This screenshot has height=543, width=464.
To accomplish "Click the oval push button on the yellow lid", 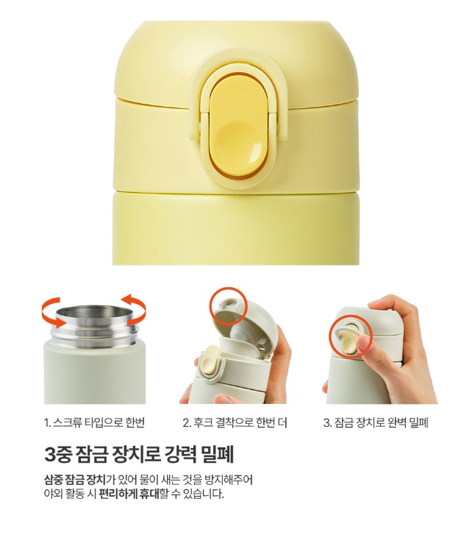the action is pos(239,127).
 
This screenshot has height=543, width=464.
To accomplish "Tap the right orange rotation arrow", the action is pos(135,309).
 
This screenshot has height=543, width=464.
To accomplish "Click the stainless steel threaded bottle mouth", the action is pos(92,325).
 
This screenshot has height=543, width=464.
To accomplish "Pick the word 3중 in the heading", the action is pos(59,454).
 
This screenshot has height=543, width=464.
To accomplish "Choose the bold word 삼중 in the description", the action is pos(53,480).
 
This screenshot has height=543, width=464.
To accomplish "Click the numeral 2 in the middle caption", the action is pos(185,423).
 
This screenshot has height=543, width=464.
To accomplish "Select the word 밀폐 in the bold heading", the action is pos(217,454).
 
